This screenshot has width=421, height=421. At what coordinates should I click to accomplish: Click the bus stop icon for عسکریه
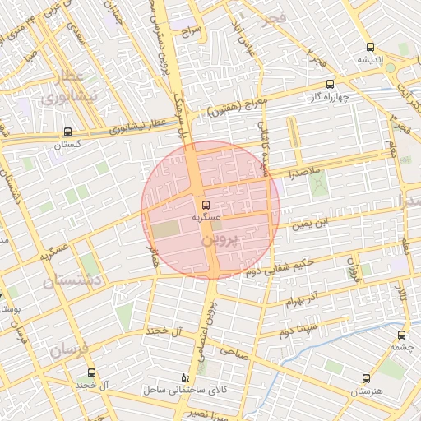pyautogui.click(x=206, y=205)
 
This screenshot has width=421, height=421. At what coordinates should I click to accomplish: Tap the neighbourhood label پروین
pyautogui.click(x=219, y=241)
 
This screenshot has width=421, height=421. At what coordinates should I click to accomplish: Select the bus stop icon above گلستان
pyautogui.click(x=68, y=131)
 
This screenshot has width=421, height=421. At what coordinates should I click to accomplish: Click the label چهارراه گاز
pyautogui.click(x=332, y=96)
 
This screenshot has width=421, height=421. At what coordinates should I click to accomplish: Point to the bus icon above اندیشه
pyautogui.click(x=369, y=47)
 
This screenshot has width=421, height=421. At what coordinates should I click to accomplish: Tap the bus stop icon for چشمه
pyautogui.click(x=401, y=335)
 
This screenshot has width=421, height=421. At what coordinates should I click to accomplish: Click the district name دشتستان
pyautogui.click(x=71, y=281)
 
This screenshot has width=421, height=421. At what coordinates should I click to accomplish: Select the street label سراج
pyautogui.click(x=192, y=30)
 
